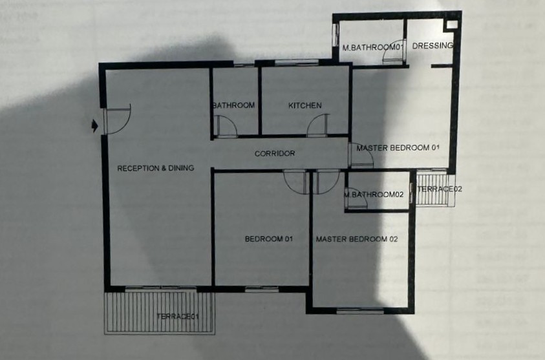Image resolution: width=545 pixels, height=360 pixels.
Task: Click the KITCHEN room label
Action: pos(305,105)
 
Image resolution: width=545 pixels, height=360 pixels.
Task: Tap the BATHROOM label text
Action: pos(233,105)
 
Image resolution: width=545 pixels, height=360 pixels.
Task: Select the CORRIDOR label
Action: pos(275,153)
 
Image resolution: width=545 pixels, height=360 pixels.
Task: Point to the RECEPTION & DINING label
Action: pos(155,168)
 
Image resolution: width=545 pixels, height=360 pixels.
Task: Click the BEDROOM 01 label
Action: pos(269,238)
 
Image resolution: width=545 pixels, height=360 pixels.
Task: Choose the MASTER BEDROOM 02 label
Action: pos(357,239)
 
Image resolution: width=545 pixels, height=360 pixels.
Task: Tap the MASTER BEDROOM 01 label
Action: pos(398,147)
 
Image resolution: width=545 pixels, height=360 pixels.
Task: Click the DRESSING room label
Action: pos(433,45)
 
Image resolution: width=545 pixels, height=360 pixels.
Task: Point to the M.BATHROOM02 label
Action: pos(374,195)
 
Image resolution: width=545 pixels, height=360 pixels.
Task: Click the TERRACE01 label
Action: pos(177,316)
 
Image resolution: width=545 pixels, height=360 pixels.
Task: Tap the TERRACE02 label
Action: pos(440,189)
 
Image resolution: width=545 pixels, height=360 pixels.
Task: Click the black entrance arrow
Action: pos(94,126)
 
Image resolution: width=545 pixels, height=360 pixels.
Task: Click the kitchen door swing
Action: pos(317,125)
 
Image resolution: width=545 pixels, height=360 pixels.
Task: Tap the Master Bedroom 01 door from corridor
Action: pos(361,155)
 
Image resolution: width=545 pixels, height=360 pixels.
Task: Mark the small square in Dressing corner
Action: pos(452,25)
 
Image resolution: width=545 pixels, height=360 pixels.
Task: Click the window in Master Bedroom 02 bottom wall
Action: pos(360,311)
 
